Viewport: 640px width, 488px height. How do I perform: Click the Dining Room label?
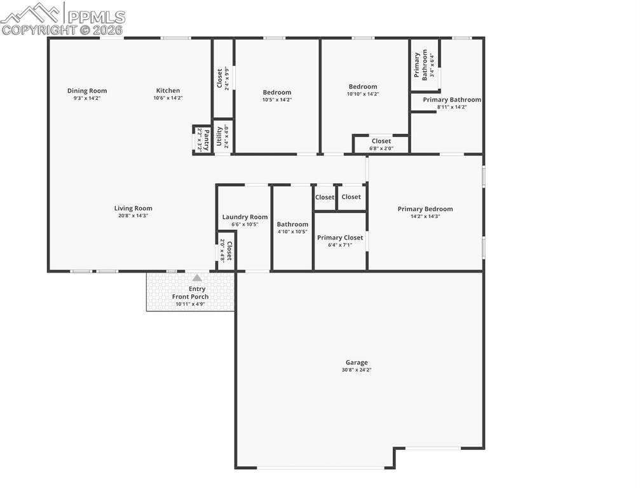pyautogui.click(x=87, y=91)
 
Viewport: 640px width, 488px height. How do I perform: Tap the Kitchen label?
pyautogui.click(x=168, y=91)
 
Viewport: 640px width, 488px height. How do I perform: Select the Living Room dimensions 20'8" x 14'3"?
pyautogui.click(x=133, y=216)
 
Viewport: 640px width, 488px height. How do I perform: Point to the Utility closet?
pyautogui.click(x=222, y=137)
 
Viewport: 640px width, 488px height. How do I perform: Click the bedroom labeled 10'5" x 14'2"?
pyautogui.click(x=277, y=96)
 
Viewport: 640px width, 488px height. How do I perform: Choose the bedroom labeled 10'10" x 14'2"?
pyautogui.click(x=363, y=90)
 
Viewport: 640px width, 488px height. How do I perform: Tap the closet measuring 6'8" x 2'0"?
pyautogui.click(x=381, y=144)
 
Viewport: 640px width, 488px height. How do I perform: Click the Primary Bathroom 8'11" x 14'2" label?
pyautogui.click(x=452, y=100)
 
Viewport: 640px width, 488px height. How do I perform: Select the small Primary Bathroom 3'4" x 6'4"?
pyautogui.click(x=425, y=65)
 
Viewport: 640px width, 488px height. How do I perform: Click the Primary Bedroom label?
pyautogui.click(x=425, y=209)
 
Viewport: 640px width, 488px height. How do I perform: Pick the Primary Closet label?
pyautogui.click(x=340, y=238)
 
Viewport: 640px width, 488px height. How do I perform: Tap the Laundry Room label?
pyautogui.click(x=245, y=217)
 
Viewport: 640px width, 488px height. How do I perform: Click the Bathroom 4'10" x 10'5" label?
pyautogui.click(x=292, y=224)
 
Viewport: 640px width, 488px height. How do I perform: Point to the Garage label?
pyautogui.click(x=357, y=363)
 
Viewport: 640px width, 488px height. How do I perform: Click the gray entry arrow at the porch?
pyautogui.click(x=197, y=278)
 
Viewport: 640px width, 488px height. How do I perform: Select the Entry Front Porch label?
pyautogui.click(x=190, y=293)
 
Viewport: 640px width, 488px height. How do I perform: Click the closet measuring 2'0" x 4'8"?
pyautogui.click(x=226, y=251)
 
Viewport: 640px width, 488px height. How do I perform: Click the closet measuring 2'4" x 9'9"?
pyautogui.click(x=223, y=78)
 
